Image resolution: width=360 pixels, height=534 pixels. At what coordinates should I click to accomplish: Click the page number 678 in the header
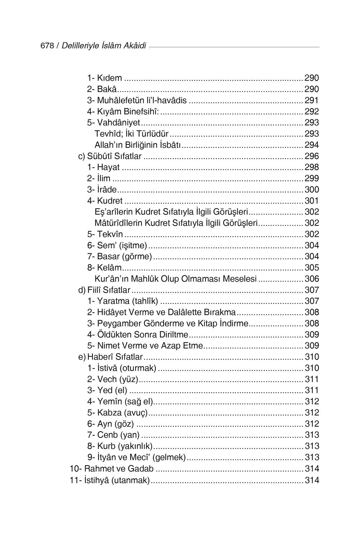tap(47, 46)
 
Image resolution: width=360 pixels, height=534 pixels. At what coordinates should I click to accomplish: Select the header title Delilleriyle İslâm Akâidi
tap(104, 46)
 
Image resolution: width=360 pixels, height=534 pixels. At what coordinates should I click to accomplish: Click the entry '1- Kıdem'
tap(104, 78)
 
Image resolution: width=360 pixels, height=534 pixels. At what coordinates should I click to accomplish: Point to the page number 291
tap(312, 100)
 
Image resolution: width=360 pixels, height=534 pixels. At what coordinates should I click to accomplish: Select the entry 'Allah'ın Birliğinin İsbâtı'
tap(137, 145)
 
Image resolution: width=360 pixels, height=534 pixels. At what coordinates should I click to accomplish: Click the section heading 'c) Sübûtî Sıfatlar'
tap(110, 156)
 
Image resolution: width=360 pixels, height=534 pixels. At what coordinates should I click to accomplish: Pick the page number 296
tap(312, 156)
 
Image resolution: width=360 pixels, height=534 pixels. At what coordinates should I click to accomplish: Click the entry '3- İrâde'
tap(102, 190)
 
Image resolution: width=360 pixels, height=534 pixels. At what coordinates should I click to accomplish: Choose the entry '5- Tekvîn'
tap(105, 234)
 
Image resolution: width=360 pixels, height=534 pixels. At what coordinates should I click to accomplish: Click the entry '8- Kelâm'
tap(104, 268)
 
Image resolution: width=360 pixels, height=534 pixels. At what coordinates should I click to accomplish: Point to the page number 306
tap(312, 279)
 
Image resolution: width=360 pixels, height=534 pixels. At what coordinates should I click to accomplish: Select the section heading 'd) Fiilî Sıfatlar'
tap(104, 290)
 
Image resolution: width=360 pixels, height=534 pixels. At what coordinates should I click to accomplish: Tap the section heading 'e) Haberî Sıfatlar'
tap(111, 357)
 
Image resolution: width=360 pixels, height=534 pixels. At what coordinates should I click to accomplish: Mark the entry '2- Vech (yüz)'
tap(113, 379)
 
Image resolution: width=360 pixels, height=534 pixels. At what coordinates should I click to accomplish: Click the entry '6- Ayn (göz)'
tap(111, 424)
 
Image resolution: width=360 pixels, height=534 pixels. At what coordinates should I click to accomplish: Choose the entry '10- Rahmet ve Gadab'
tap(112, 469)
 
